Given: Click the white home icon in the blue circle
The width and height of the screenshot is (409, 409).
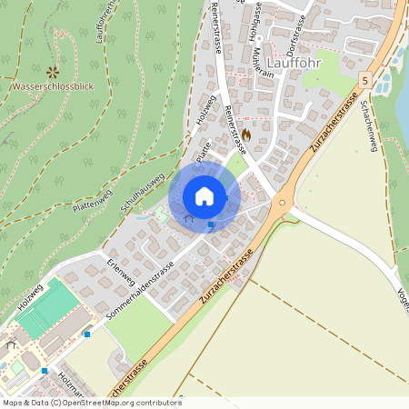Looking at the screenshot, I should point(204,195).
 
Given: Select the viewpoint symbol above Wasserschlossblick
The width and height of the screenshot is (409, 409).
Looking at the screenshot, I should point(52,71).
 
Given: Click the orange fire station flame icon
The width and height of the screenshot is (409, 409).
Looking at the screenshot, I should point(245,134).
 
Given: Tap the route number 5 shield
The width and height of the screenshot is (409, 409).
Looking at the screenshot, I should point(364,80).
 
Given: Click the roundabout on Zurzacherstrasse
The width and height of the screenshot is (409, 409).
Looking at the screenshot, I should point(283,203).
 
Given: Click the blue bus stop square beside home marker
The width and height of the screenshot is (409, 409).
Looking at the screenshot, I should point(211,224).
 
